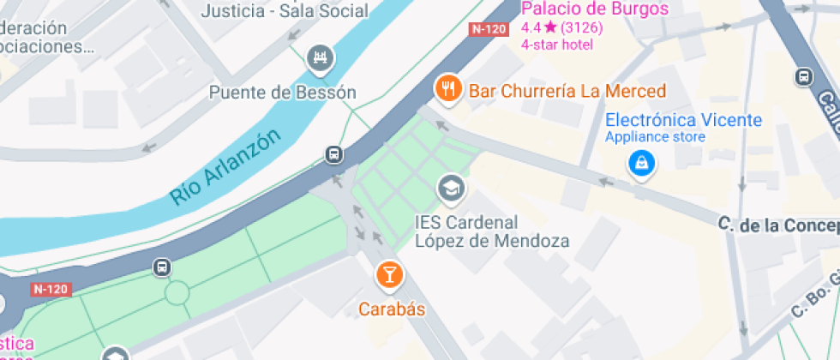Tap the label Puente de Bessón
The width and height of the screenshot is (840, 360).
pos(283,93)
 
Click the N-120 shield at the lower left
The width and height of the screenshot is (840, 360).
pos(50,289)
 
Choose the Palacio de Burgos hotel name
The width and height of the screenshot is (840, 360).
pos(595,9)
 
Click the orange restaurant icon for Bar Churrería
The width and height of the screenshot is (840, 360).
pos(447,87)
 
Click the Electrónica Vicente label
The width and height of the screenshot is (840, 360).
pos(683,120)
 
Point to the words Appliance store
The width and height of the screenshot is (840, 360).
pos(655,137)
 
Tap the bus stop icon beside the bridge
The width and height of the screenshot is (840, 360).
pos(333,155)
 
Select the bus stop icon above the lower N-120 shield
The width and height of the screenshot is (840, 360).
pos(161,267)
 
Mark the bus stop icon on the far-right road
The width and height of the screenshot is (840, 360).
pos(804,77)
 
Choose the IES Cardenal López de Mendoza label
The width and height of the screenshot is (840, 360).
pos(492,231)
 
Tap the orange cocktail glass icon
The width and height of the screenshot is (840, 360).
pos(389,275)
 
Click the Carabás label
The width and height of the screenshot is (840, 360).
pos(392,309)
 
